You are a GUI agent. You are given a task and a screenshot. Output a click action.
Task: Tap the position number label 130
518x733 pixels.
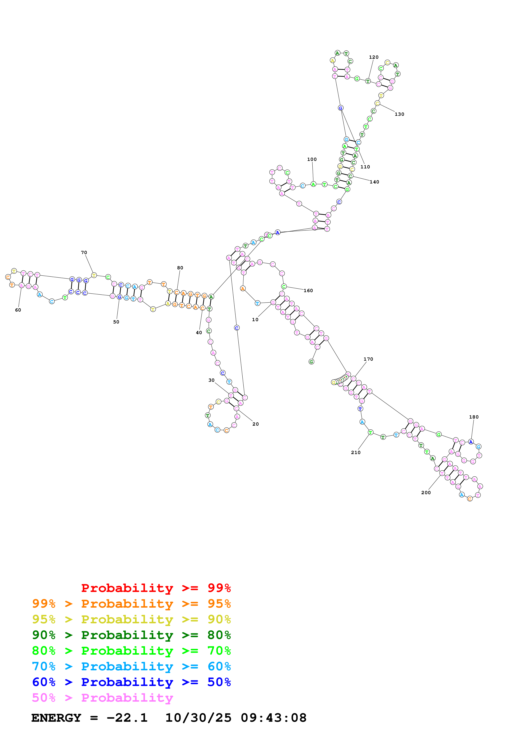399,114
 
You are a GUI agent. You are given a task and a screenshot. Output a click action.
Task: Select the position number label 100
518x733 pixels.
312,159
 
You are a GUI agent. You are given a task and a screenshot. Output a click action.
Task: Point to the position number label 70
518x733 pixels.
84,253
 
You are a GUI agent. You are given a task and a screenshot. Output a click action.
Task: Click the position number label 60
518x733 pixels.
18,310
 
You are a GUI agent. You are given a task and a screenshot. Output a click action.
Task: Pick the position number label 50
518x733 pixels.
116,322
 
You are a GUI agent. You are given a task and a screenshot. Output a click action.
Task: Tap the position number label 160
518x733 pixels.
308,290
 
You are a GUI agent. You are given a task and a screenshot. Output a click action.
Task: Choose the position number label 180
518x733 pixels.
474,417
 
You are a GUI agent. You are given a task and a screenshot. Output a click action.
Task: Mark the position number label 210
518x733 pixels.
356,452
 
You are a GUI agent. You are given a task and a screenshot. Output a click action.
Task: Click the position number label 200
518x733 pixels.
426,493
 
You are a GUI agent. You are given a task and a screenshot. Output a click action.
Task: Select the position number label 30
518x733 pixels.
211,380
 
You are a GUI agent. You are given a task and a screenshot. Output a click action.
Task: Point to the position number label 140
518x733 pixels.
374,182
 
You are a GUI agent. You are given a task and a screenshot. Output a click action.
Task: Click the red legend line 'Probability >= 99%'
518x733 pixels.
156,588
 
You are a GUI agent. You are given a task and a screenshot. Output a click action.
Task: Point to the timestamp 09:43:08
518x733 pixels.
274,718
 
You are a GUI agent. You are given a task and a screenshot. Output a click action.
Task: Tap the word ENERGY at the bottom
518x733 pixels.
56,718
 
